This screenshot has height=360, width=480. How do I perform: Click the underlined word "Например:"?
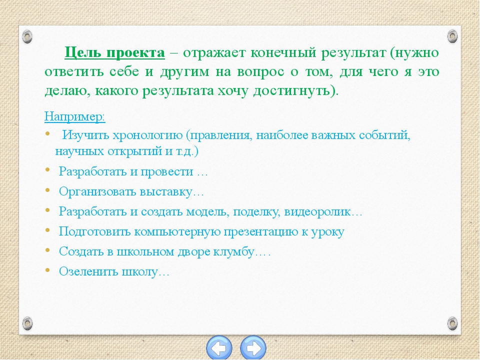pyautogui.click(x=75, y=117)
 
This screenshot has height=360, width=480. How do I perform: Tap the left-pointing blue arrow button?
pyautogui.click(x=219, y=348)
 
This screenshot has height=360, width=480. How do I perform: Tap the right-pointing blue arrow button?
pyautogui.click(x=253, y=348)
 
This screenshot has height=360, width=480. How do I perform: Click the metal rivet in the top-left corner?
pyautogui.click(x=27, y=36)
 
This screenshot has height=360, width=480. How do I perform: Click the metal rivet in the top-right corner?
pyautogui.click(x=452, y=36)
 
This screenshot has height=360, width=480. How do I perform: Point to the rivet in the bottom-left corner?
pyautogui.click(x=27, y=323)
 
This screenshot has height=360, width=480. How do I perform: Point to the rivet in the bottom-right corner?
pyautogui.click(x=452, y=323)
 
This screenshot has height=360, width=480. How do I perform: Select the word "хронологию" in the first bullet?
pyautogui.click(x=147, y=135)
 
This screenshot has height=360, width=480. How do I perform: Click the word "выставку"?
pyautogui.click(x=166, y=192)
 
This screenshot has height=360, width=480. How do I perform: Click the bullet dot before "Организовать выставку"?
pyautogui.click(x=47, y=190)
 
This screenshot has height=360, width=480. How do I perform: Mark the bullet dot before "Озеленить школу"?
pyautogui.click(x=47, y=270)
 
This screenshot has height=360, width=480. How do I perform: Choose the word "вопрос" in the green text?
pyautogui.click(x=259, y=72)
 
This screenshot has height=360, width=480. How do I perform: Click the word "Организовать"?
pyautogui.click(x=97, y=192)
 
